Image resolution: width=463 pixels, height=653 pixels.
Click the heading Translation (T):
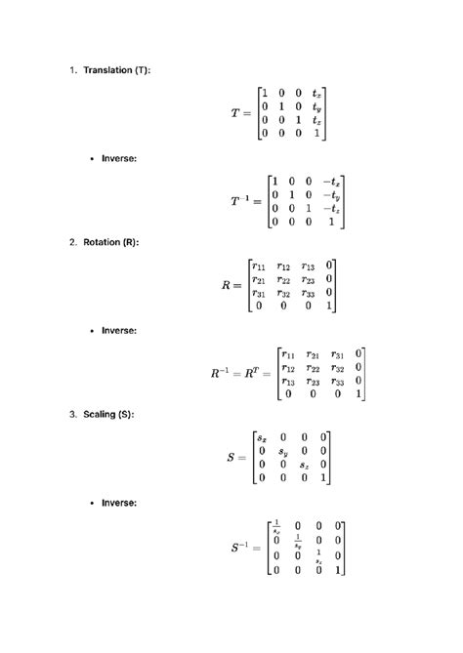click(x=117, y=70)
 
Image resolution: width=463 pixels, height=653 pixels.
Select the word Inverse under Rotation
click(x=119, y=331)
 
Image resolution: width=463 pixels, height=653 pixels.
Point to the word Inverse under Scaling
click(x=119, y=503)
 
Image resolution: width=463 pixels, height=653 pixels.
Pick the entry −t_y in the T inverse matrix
click(x=331, y=194)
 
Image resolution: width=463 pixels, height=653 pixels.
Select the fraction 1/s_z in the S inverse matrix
click(x=318, y=556)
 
